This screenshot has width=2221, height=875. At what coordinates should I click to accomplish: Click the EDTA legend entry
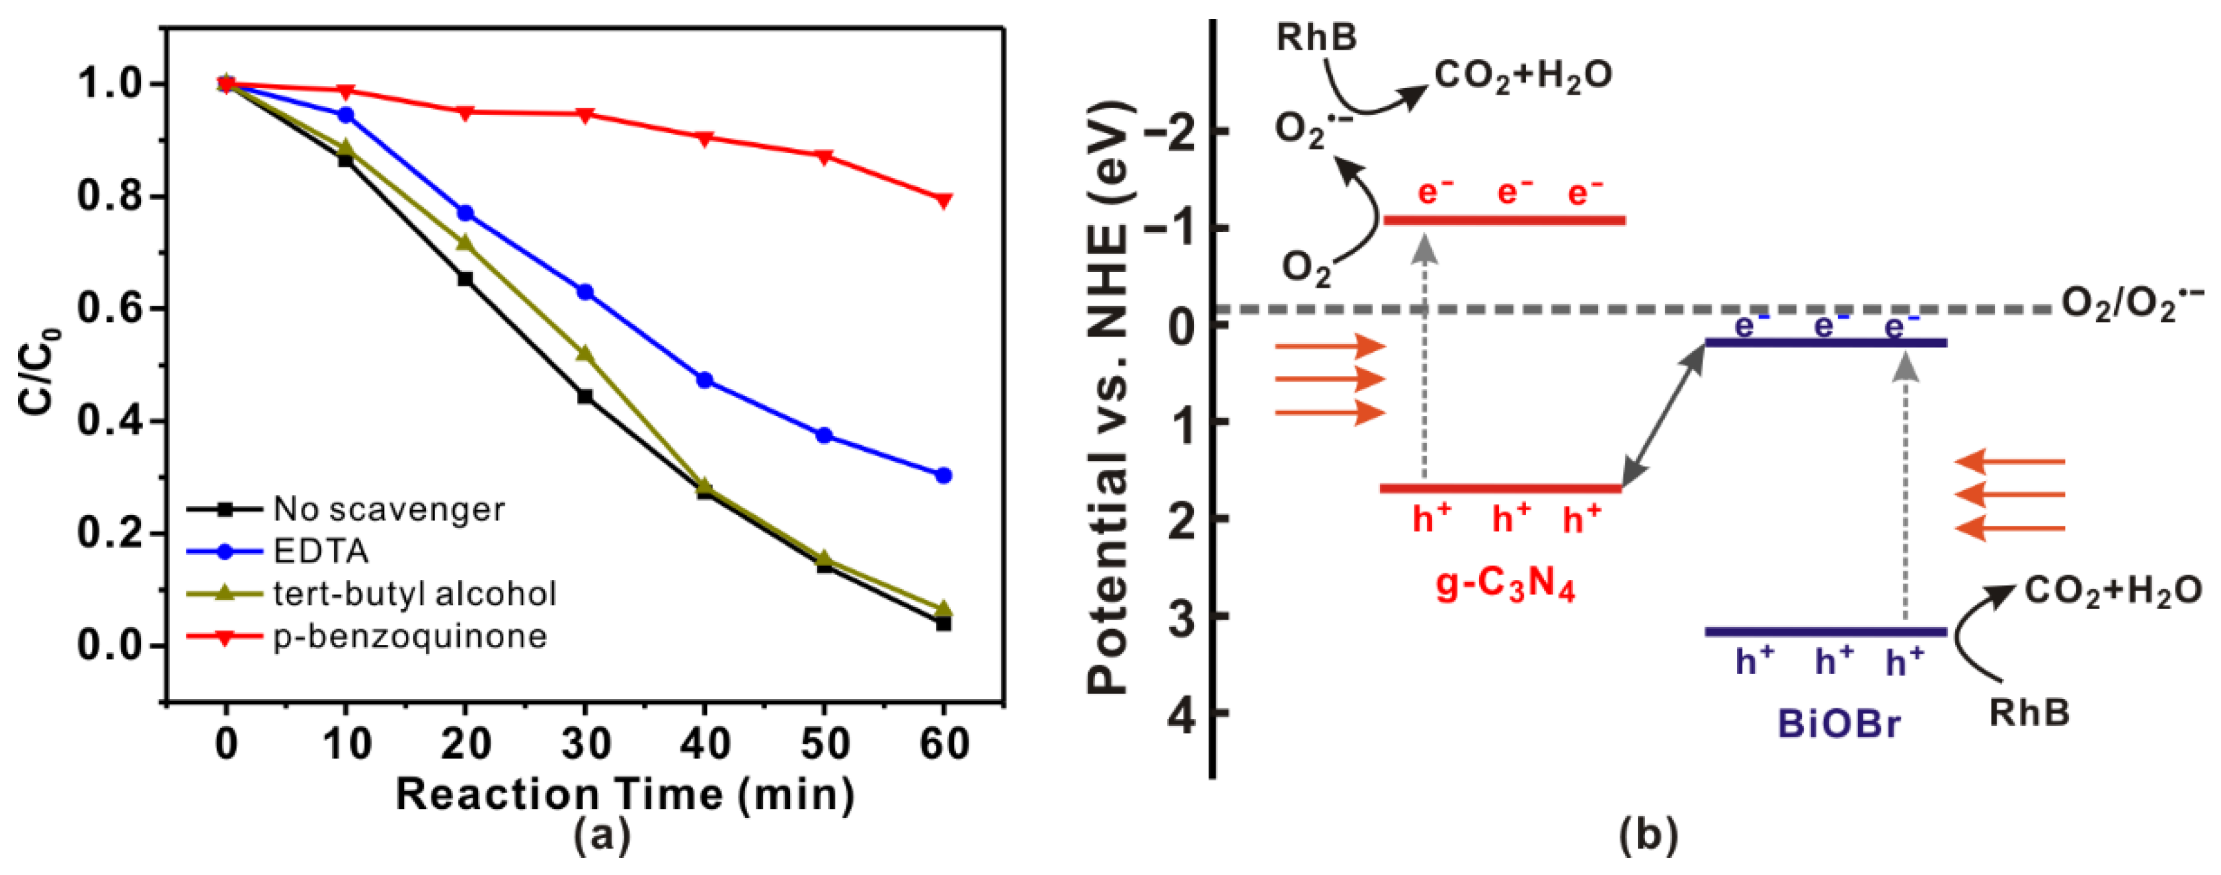click(x=321, y=551)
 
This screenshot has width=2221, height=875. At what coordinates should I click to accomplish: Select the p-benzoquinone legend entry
click(x=409, y=636)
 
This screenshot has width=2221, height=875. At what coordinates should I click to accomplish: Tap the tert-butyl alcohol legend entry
click(x=414, y=593)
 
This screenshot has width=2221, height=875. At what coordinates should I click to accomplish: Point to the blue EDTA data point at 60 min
click(x=944, y=475)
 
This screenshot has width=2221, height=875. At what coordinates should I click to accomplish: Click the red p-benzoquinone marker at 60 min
click(x=944, y=200)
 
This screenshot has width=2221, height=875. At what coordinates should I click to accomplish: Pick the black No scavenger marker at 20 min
click(x=465, y=278)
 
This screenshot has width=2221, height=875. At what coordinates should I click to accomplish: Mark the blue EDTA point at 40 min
click(x=704, y=380)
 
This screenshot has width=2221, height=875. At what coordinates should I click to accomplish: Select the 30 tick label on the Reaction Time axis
click(x=585, y=743)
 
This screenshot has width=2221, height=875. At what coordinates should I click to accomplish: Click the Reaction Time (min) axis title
click(x=624, y=794)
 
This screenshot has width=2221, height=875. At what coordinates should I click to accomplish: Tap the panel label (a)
click(x=602, y=835)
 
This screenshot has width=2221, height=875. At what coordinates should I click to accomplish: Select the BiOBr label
click(x=1838, y=724)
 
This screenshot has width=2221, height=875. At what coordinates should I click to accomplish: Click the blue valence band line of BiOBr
click(x=1826, y=632)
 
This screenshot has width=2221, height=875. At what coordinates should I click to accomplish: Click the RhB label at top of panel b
click(x=1316, y=38)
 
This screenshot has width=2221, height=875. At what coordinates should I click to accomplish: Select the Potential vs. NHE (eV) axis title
click(x=1109, y=397)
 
